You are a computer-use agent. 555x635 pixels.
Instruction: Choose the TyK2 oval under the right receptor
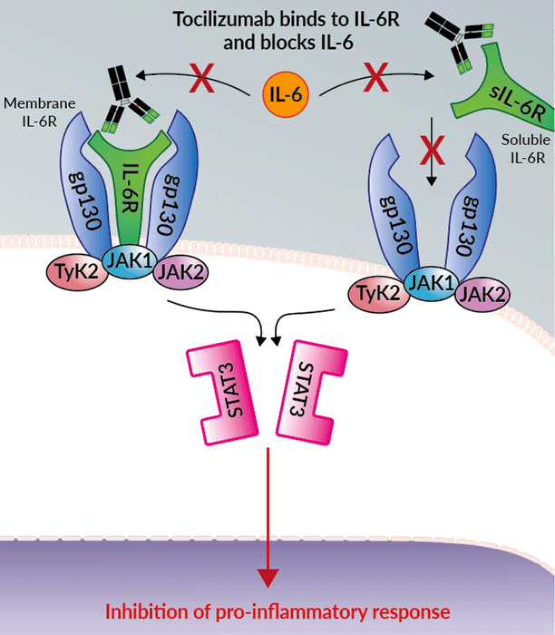point(377,291)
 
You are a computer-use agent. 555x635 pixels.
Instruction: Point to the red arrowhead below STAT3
point(268,575)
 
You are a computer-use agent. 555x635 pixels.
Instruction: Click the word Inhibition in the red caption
point(140,610)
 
